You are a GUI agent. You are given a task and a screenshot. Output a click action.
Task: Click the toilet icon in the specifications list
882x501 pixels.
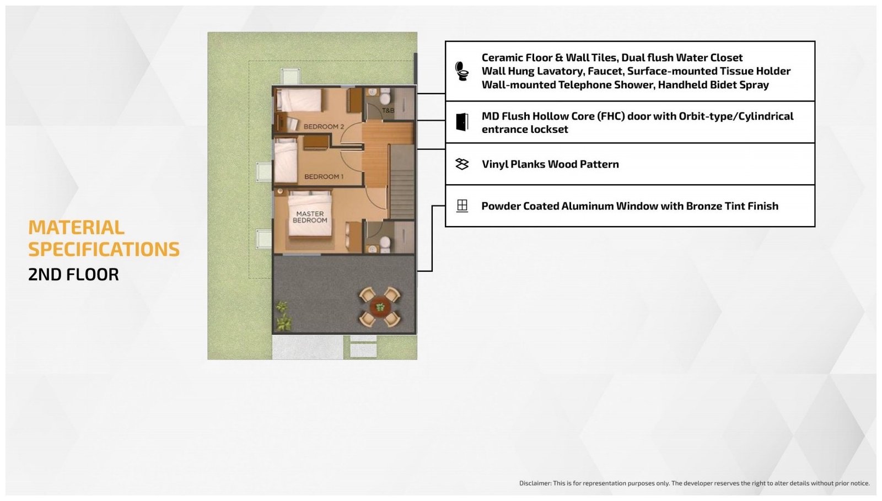tap(461, 71)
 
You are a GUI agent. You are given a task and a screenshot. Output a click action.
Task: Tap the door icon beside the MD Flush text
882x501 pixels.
tap(462, 122)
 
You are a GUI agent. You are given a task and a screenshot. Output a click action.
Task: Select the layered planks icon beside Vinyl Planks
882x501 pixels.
tap(462, 164)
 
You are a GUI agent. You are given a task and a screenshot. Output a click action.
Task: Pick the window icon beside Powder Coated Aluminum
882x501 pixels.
tap(462, 206)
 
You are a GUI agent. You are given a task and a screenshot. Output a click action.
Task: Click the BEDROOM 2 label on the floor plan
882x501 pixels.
tap(324, 127)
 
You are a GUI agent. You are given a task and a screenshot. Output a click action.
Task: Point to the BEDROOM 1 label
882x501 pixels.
tap(324, 177)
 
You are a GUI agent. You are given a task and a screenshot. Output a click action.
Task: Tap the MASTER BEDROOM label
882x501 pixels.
tap(310, 217)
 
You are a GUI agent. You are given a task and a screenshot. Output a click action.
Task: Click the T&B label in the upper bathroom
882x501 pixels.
tap(388, 111)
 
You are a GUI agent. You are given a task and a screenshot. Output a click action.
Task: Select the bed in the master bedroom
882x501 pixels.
tap(310, 214)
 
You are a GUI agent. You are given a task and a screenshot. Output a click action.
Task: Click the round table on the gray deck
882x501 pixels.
tap(380, 307)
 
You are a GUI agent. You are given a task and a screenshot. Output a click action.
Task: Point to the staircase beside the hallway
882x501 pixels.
tap(402, 181)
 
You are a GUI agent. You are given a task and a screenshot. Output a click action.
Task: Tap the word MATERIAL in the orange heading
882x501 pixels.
tap(76, 228)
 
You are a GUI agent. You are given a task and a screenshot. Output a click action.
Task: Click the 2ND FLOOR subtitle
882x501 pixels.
tap(73, 274)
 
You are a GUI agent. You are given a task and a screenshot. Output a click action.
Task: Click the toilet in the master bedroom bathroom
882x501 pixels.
tap(385, 243)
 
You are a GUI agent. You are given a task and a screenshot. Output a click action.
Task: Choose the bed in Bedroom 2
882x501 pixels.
tap(299, 100)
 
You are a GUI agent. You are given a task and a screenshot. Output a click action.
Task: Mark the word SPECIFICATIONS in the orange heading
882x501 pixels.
tap(104, 250)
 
